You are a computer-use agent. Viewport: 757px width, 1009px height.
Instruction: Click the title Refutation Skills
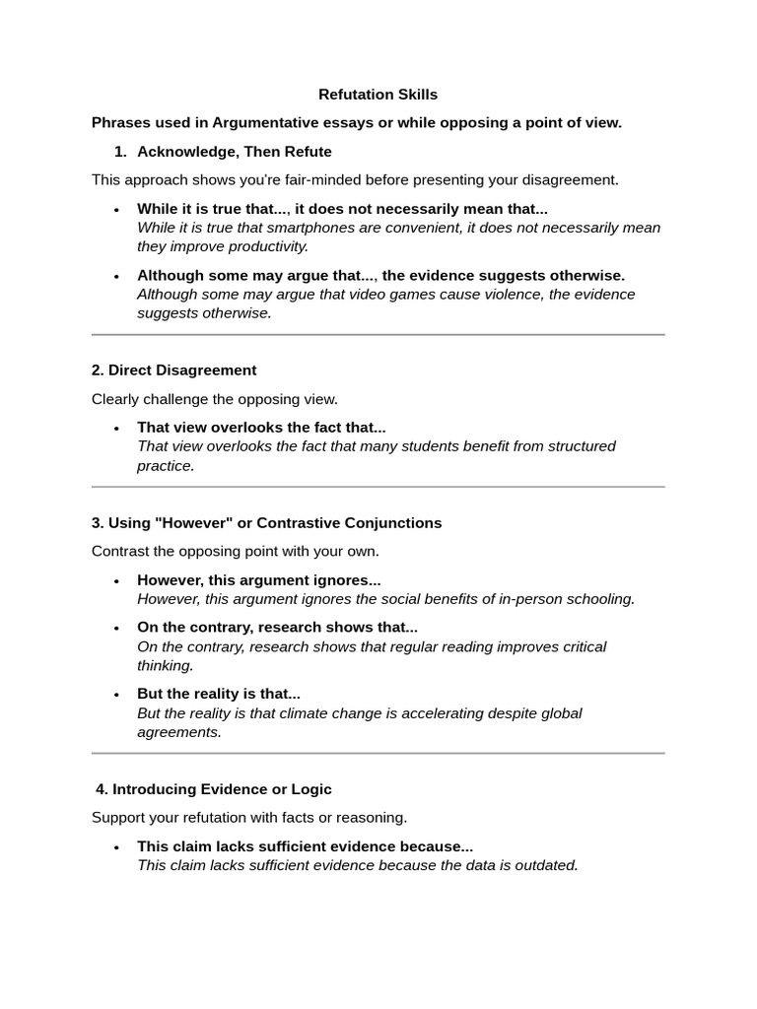pos(378,95)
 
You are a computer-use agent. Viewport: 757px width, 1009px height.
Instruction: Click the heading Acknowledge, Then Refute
pos(234,152)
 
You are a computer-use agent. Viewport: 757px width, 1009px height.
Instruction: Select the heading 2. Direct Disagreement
pos(173,370)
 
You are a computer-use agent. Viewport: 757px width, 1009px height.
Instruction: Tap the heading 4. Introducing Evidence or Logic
pos(214,789)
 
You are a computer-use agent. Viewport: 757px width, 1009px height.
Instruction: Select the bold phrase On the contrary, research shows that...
pos(277,628)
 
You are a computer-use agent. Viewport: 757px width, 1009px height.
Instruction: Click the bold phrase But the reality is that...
pos(218,694)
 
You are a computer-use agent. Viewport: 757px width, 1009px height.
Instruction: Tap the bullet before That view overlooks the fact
pos(116,429)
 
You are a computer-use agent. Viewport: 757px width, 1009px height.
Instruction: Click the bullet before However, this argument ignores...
pos(116,581)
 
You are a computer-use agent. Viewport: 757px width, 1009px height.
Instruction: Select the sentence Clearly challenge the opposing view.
pos(215,399)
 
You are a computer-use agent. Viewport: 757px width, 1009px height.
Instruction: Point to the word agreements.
pos(178,732)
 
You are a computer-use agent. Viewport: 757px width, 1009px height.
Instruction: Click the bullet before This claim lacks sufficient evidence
pos(116,847)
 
